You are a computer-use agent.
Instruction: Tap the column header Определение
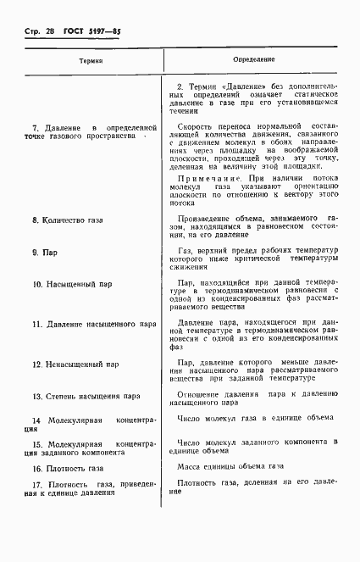click(x=253, y=61)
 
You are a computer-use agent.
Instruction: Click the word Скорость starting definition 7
click(x=196, y=125)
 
